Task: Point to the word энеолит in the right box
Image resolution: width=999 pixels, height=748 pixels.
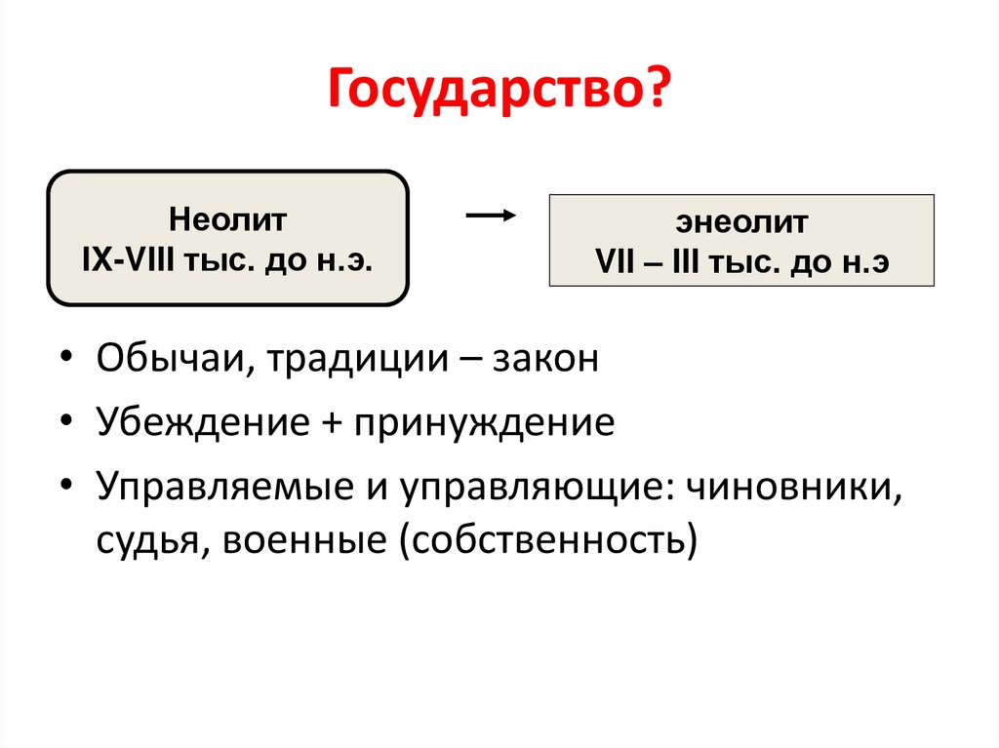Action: (741, 223)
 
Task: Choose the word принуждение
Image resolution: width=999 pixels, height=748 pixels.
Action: (485, 425)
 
